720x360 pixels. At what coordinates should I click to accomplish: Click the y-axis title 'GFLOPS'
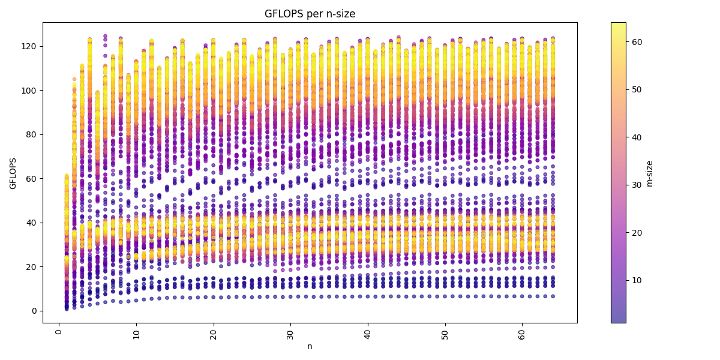13,173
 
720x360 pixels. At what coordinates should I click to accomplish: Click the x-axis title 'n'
310,346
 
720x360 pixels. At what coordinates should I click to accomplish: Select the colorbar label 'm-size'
649,173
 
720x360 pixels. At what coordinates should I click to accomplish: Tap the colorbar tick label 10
637,280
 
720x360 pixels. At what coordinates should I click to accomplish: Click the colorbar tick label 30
637,185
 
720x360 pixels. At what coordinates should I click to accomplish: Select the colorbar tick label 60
637,41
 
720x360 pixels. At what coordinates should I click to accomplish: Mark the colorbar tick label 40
637,137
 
